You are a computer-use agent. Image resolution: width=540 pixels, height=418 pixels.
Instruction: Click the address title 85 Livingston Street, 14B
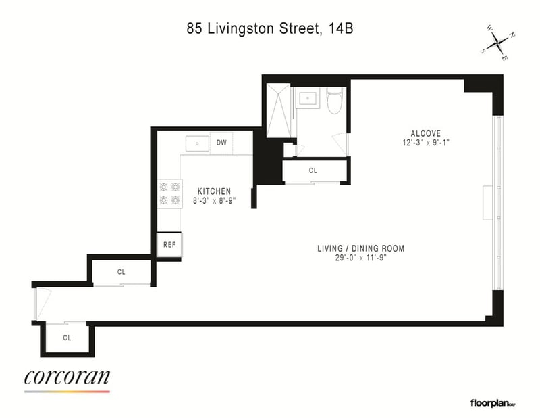tap(269, 28)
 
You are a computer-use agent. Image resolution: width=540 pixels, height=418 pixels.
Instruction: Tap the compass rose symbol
tap(498, 43)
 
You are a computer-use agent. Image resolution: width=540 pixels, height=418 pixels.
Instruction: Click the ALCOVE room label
tap(426, 133)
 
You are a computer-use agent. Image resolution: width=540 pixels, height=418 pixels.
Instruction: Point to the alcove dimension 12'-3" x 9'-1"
tap(426, 143)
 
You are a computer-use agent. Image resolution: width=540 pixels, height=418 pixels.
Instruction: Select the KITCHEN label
tap(214, 191)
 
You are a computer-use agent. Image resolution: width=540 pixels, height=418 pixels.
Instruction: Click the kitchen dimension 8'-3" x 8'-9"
tap(214, 200)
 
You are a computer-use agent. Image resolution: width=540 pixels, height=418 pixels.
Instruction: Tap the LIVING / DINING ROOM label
tap(361, 248)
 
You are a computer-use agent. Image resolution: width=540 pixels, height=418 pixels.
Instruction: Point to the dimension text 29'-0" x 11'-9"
tap(361, 258)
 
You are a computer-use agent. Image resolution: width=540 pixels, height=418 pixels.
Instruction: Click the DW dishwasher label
tap(221, 143)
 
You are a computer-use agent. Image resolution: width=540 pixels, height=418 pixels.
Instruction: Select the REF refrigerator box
tap(169, 245)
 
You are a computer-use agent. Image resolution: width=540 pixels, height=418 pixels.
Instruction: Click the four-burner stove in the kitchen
tap(170, 193)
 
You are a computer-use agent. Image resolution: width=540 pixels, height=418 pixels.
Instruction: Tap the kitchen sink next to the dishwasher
tap(197, 143)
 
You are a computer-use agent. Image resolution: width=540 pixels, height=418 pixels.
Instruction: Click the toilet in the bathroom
tap(334, 101)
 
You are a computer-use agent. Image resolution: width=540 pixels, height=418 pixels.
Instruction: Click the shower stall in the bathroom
tap(279, 110)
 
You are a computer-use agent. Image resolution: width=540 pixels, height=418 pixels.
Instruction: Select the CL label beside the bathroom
tap(313, 170)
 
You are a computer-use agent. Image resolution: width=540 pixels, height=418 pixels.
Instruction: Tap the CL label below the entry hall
tap(67, 338)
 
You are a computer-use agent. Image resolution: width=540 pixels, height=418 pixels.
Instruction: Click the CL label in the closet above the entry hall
tap(122, 272)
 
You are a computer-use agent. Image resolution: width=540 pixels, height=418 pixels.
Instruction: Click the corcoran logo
tap(67, 379)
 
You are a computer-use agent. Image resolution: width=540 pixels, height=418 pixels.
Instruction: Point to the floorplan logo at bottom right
tap(493, 403)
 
